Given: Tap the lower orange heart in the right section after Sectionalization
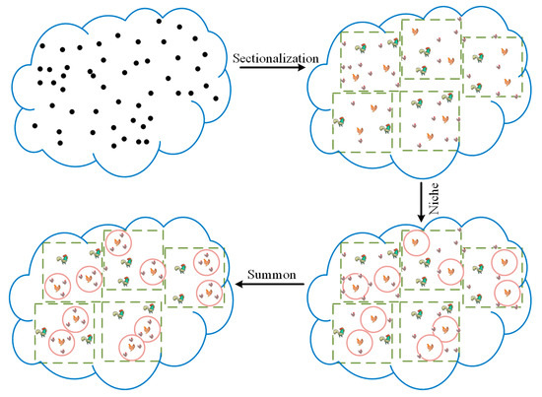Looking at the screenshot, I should pyautogui.click(x=507, y=82).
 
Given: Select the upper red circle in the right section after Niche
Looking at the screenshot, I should pyautogui.click(x=506, y=263).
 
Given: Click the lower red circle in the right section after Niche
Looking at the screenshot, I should pyautogui.click(x=507, y=293).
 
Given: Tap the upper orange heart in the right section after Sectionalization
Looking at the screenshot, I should pyautogui.click(x=506, y=52).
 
